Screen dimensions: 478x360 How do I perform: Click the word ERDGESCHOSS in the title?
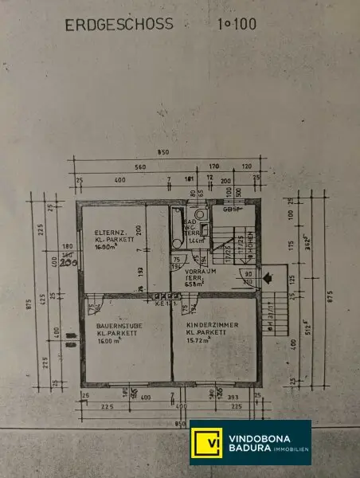tap(118, 25)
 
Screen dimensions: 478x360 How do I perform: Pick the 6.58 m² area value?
tap(196, 284)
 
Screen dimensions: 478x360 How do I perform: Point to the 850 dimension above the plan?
tap(162, 154)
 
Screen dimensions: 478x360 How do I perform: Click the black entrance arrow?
tap(268, 278)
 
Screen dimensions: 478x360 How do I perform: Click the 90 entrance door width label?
tap(248, 274)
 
